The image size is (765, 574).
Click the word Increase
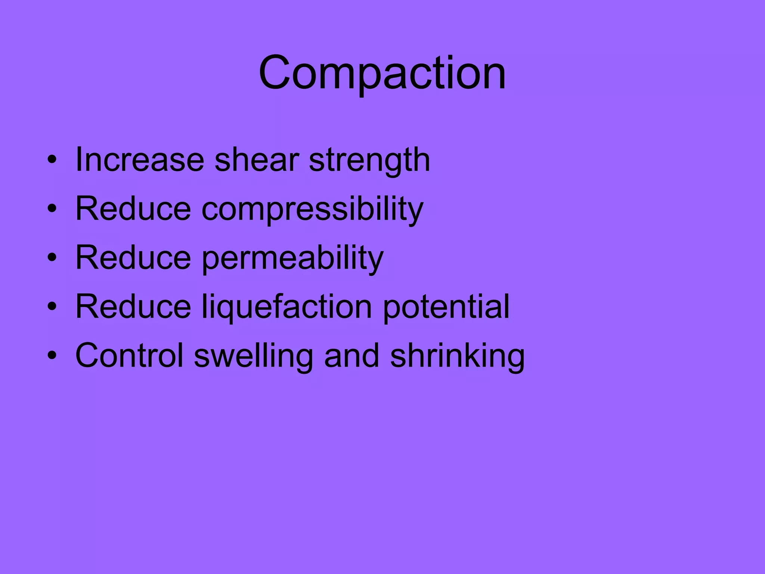click(x=139, y=160)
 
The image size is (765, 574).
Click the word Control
click(x=129, y=355)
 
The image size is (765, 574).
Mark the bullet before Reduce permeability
click(x=52, y=258)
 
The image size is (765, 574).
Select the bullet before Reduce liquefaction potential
click(x=52, y=307)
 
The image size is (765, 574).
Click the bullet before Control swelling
click(x=52, y=355)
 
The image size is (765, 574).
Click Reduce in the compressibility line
click(x=133, y=209)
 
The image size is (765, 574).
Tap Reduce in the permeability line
click(x=133, y=257)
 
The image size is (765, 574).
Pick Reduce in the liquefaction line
click(x=133, y=306)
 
